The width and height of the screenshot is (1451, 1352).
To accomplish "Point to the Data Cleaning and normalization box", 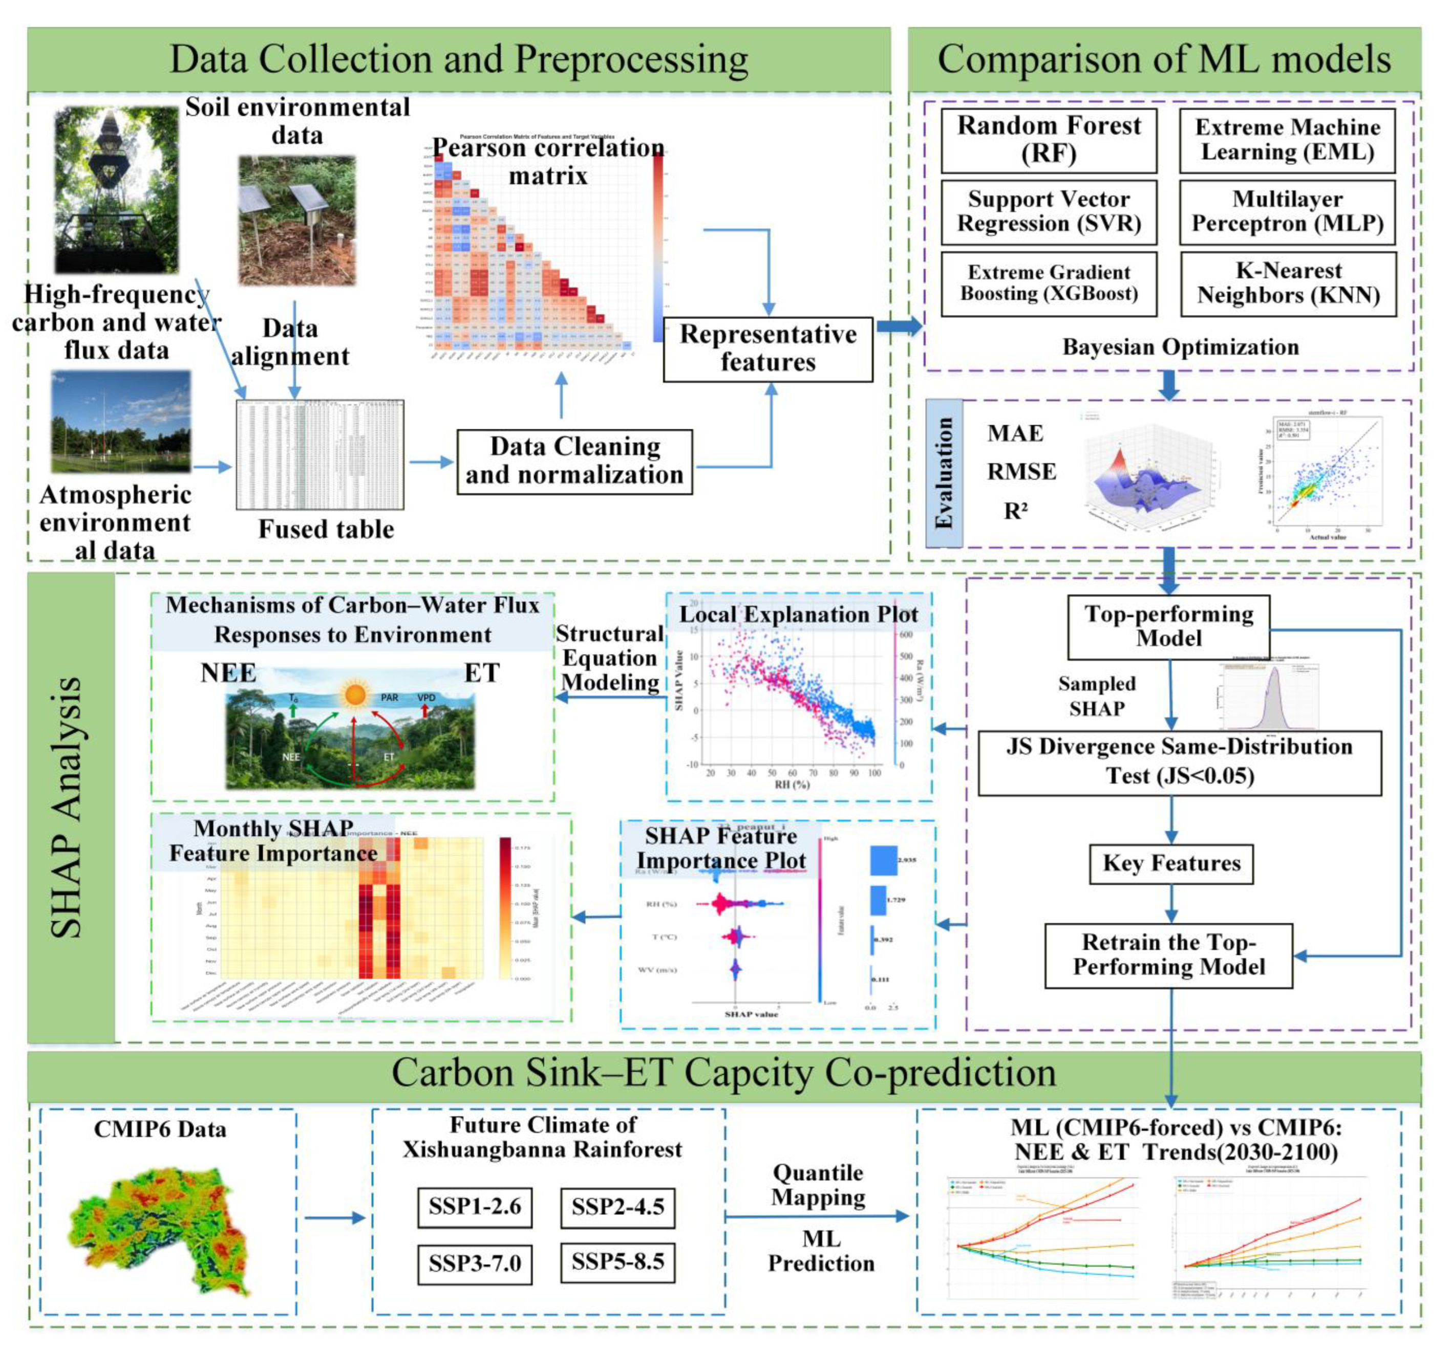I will pos(574,461).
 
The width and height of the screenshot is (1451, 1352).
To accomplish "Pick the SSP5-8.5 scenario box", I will pos(617,1262).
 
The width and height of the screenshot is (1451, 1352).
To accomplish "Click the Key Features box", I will pos(1171,864).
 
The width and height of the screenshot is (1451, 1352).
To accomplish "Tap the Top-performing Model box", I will pos(1168,626).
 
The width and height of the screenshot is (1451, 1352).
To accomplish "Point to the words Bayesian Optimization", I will pos(1180,347).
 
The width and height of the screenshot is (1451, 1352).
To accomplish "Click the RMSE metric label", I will pos(1021,472).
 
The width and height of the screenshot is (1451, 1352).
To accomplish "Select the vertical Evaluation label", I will pos(944,473).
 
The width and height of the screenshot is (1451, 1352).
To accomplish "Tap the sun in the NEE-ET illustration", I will pos(355,694).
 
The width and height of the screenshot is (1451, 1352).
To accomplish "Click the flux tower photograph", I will pos(117,190).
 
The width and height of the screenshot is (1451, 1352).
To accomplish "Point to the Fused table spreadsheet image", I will pos(319,454).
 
